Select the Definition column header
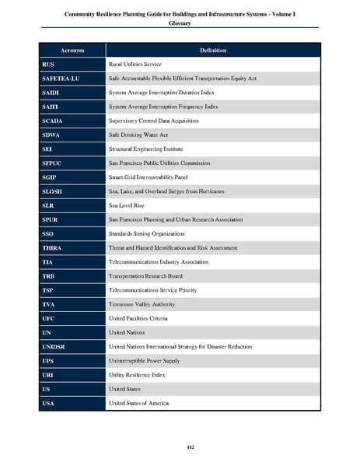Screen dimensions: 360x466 [x=212, y=51]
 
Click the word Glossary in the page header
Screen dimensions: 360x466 [x=180, y=23]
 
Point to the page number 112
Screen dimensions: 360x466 [x=180, y=445]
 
